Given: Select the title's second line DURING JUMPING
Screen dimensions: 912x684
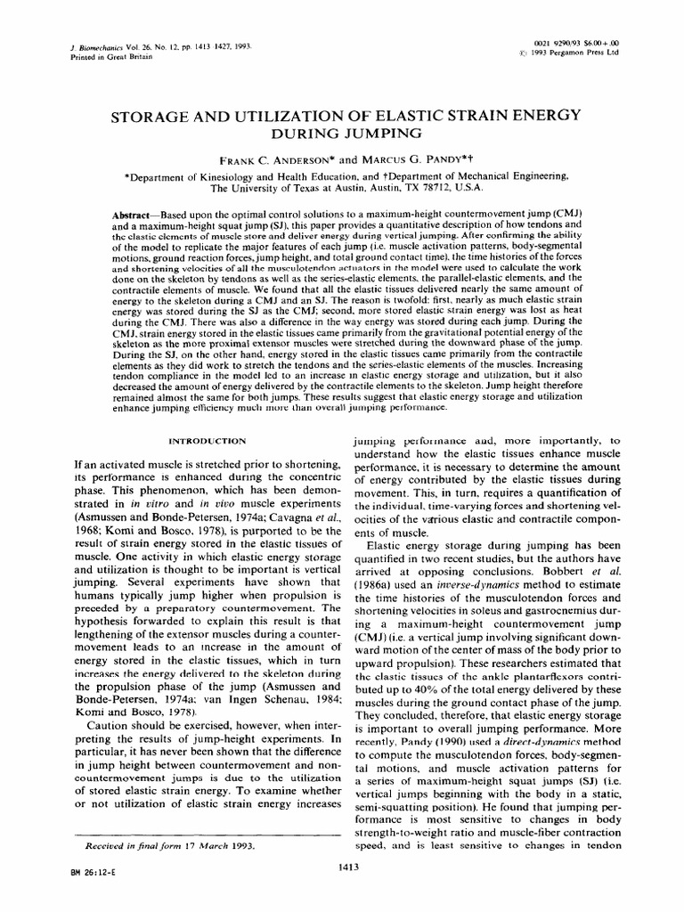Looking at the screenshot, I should pos(342,133).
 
